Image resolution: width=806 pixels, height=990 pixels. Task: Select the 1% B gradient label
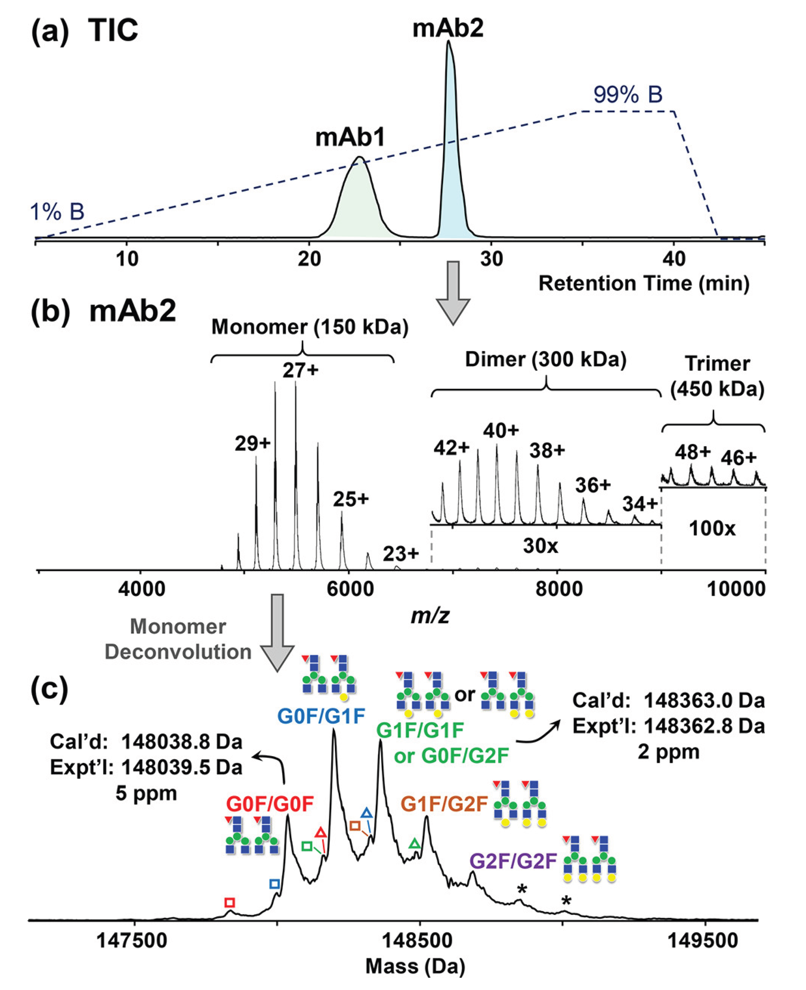click(x=57, y=212)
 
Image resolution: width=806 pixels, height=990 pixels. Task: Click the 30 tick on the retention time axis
click(x=492, y=259)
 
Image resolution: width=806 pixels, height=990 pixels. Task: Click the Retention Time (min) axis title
click(x=644, y=283)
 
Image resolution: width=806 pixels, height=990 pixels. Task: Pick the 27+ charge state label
click(x=300, y=371)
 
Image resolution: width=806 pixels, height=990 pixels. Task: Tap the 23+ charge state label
click(x=401, y=553)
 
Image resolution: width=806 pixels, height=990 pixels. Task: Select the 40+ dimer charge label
click(x=501, y=431)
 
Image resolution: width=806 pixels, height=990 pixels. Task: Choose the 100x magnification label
click(x=712, y=528)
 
